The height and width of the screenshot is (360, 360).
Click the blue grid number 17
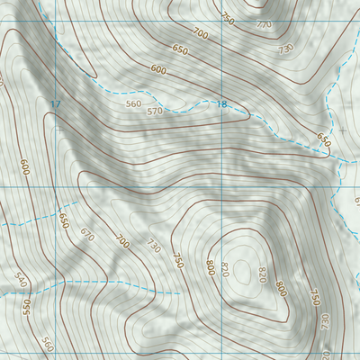[56, 105]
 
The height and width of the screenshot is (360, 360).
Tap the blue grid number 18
[220, 105]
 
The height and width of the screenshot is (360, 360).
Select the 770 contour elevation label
[263, 25]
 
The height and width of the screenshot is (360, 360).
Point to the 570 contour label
[155, 112]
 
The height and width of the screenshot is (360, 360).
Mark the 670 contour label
[86, 234]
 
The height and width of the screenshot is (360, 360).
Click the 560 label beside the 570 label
[134, 103]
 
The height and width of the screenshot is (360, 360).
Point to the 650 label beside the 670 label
[64, 220]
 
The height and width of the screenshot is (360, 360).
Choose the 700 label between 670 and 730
[122, 240]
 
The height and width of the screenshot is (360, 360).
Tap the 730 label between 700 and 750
[153, 246]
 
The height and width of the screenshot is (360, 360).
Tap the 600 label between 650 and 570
[158, 69]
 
